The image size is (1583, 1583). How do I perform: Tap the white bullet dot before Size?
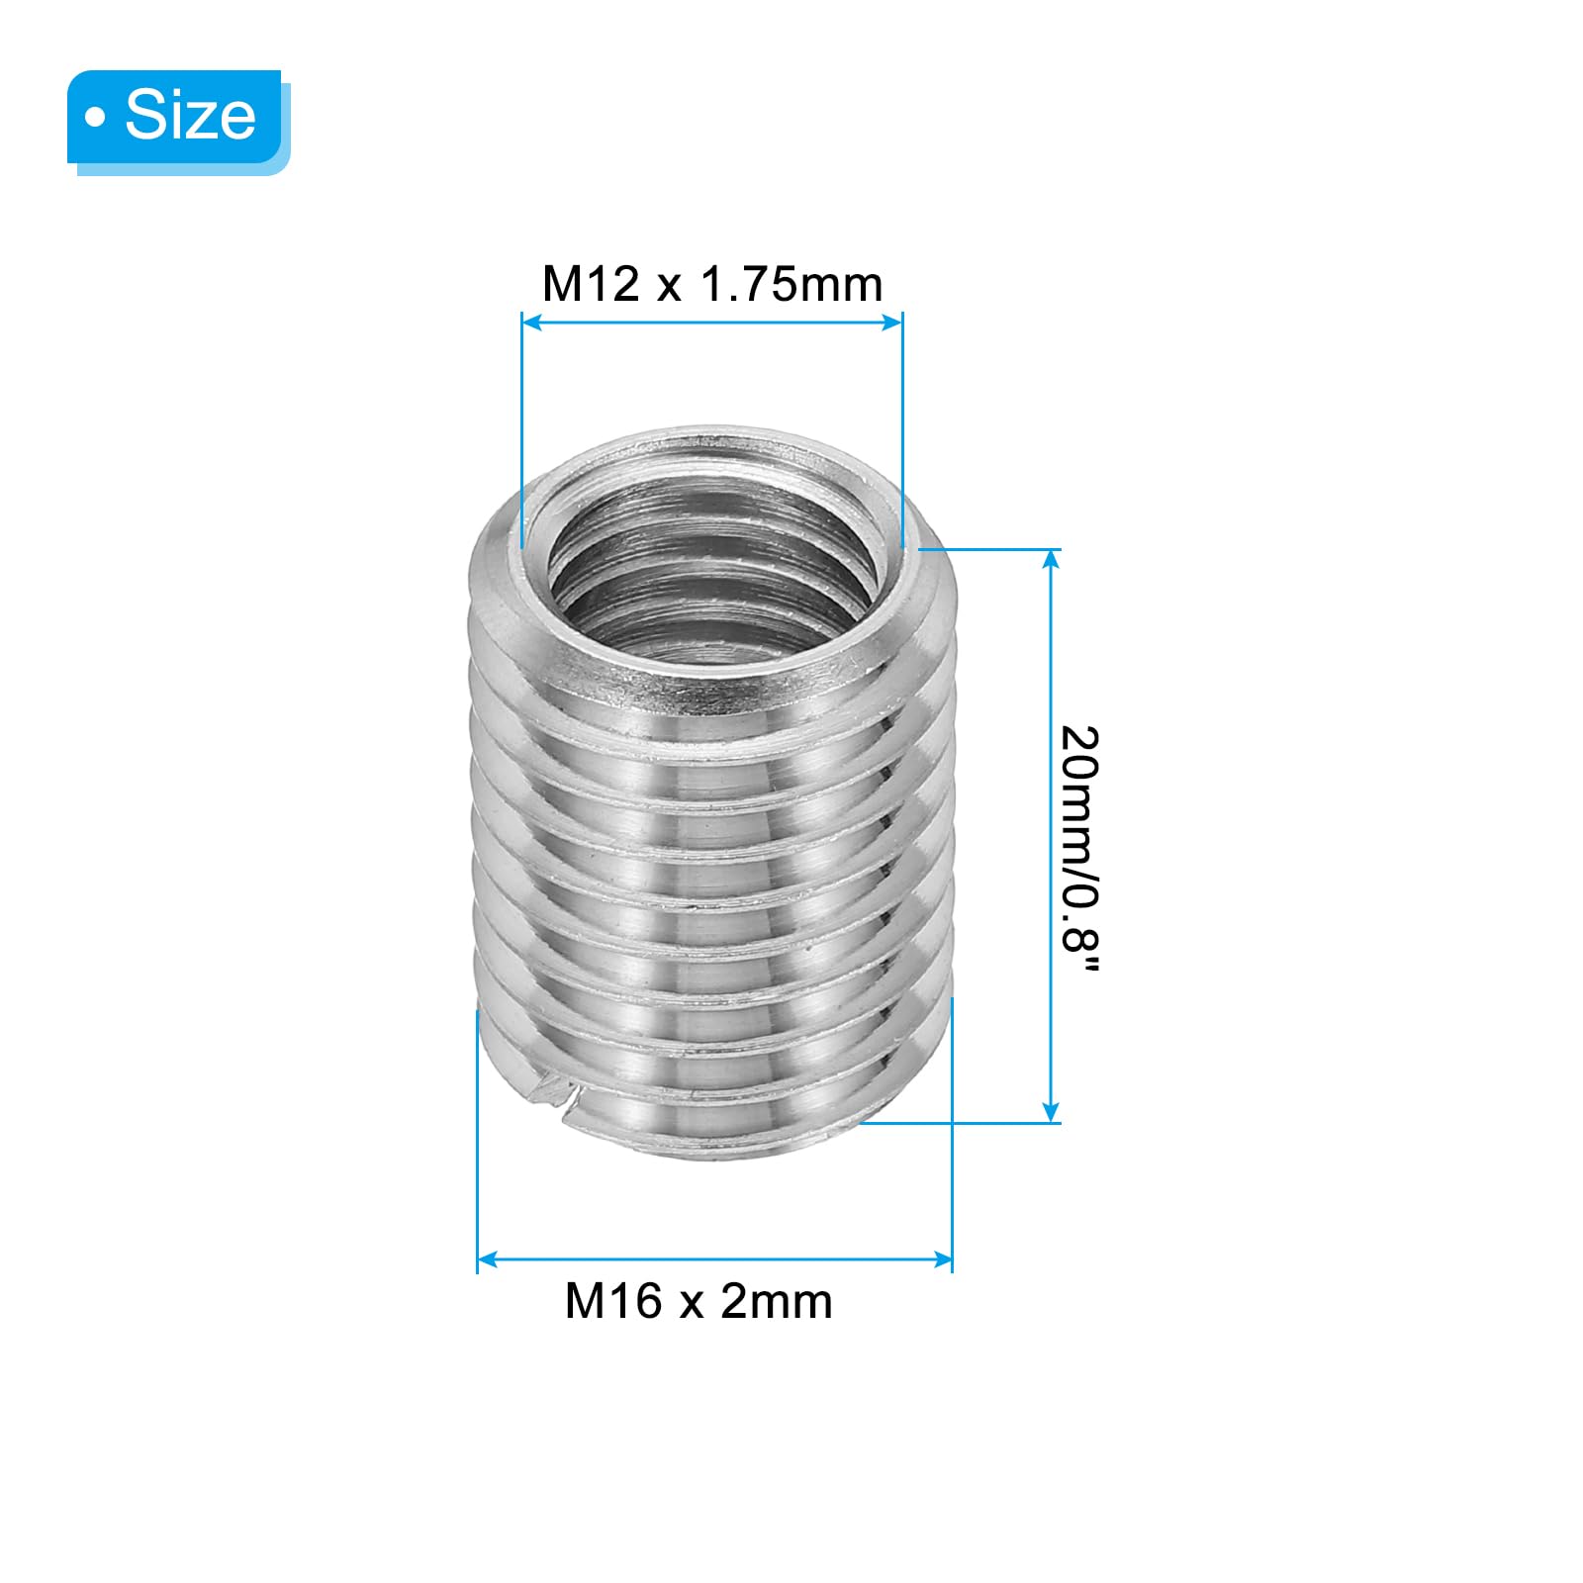[95, 119]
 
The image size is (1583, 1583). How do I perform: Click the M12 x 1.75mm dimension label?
[712, 284]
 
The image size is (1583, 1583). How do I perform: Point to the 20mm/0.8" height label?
[1080, 851]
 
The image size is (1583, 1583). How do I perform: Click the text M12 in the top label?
[592, 284]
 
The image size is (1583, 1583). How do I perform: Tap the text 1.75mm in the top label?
[791, 284]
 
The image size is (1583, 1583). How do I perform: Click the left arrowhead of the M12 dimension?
[531, 322]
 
